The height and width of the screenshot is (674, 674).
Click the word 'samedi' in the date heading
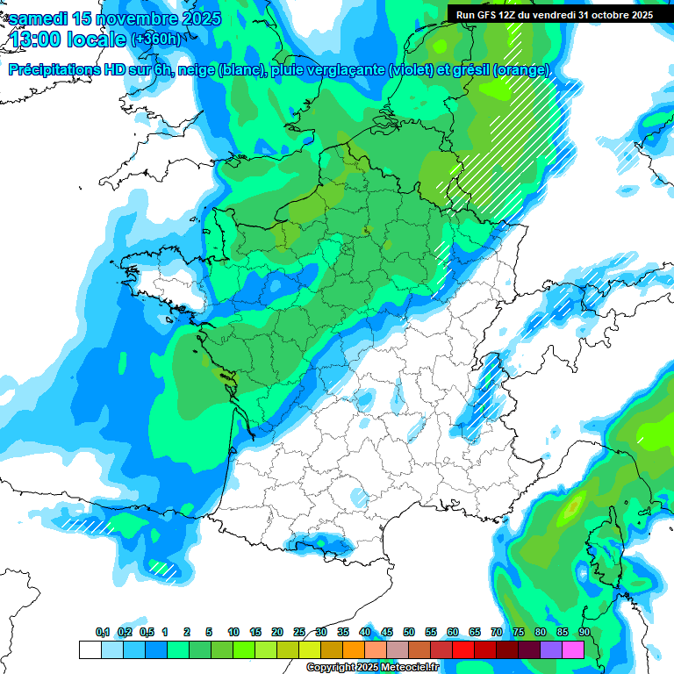point(45,18)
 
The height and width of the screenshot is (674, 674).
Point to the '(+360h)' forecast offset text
point(156,39)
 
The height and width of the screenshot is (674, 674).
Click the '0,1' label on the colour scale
point(103,632)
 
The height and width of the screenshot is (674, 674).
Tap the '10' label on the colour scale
point(233,632)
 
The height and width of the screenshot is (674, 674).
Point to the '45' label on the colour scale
point(387,632)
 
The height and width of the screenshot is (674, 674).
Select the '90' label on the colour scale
point(584,632)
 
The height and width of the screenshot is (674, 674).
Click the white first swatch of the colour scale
point(90,649)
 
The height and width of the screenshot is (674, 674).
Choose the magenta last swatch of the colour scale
point(573,649)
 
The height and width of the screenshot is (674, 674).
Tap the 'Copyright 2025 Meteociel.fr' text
point(372,668)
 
